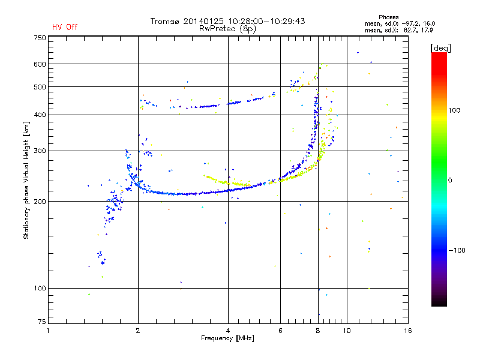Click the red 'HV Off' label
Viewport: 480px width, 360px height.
pyautogui.click(x=65, y=27)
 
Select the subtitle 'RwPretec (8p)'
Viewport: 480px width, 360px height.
pyautogui.click(x=227, y=29)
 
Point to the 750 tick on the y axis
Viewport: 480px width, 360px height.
pyautogui.click(x=40, y=38)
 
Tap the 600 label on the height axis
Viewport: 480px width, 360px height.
pyautogui.click(x=40, y=64)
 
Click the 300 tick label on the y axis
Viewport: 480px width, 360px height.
pyautogui.click(x=40, y=151)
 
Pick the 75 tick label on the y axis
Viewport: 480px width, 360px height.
pyautogui.click(x=42, y=322)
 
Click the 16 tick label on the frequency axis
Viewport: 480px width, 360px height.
pyautogui.click(x=408, y=331)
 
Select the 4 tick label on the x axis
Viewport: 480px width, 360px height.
pyautogui.click(x=228, y=331)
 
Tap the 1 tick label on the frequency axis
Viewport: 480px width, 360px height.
pyautogui.click(x=48, y=331)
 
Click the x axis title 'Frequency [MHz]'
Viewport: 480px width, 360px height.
pyautogui.click(x=227, y=338)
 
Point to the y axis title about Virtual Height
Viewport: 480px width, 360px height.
pyautogui.click(x=26, y=180)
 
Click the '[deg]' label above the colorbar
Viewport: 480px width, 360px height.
pyautogui.click(x=440, y=48)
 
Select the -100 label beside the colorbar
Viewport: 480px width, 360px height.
pyautogui.click(x=457, y=250)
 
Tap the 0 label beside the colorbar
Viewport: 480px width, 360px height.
pyautogui.click(x=450, y=180)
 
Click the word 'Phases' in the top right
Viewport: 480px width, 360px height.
pyautogui.click(x=388, y=17)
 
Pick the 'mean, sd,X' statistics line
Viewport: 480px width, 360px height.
pyautogui.click(x=398, y=31)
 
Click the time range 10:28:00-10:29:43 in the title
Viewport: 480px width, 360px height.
pyautogui.click(x=266, y=21)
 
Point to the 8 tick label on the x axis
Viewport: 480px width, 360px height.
pyautogui.click(x=318, y=331)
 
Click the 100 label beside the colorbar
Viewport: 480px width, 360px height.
pyautogui.click(x=454, y=110)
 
